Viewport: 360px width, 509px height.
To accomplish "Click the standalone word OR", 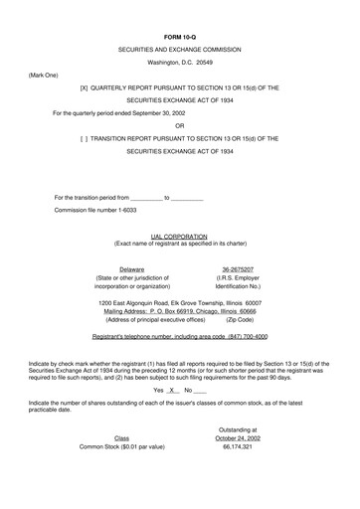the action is [180, 125].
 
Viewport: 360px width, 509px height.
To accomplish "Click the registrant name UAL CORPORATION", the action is [180, 237].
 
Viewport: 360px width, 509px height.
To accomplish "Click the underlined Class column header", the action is [121, 465].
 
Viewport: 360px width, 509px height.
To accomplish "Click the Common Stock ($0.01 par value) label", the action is [121, 475].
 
